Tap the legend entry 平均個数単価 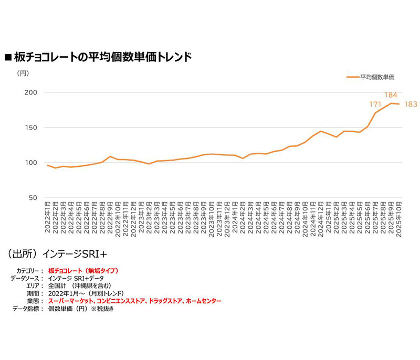(377, 77)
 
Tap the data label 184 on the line (391, 94)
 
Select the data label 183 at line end (410, 104)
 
